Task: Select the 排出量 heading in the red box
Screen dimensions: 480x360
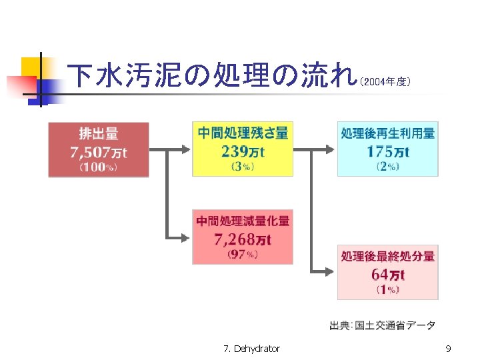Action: [x=99, y=133]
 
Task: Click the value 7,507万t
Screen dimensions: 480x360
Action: [x=99, y=151]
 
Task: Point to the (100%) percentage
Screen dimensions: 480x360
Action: [x=99, y=167]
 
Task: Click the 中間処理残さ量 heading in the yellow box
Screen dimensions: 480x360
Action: [x=243, y=133]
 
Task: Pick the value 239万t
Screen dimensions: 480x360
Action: [x=243, y=151]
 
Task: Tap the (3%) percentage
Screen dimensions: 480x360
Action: [x=243, y=167]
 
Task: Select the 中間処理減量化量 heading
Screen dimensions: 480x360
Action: [x=243, y=221]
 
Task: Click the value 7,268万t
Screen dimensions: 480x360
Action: [x=243, y=238]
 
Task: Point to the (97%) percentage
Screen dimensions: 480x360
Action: [x=243, y=254]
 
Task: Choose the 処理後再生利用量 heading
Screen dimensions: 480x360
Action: [x=388, y=133]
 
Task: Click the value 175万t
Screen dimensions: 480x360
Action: [x=388, y=151]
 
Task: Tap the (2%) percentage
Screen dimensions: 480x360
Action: [x=388, y=167]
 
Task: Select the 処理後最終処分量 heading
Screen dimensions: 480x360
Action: [x=388, y=256]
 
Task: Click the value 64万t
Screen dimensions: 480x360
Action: [x=388, y=273]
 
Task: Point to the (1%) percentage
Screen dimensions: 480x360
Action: [x=388, y=289]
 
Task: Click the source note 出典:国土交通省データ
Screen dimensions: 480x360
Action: [x=383, y=325]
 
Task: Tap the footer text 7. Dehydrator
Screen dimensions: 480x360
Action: [x=252, y=348]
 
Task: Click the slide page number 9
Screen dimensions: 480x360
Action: [x=448, y=348]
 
